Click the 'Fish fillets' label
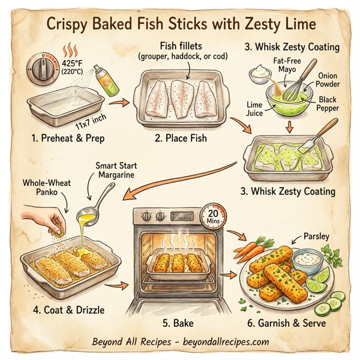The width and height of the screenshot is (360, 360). [x=187, y=46]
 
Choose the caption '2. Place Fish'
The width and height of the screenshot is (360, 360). [x=181, y=139]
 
